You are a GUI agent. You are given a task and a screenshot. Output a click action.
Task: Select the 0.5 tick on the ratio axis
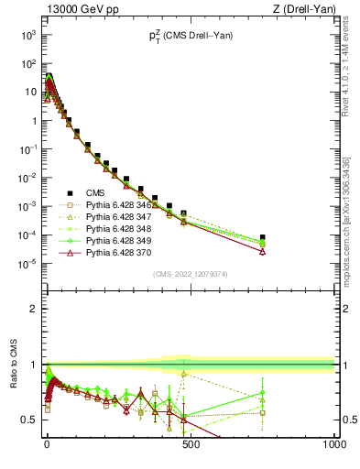pyautogui.click(x=31, y=420)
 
